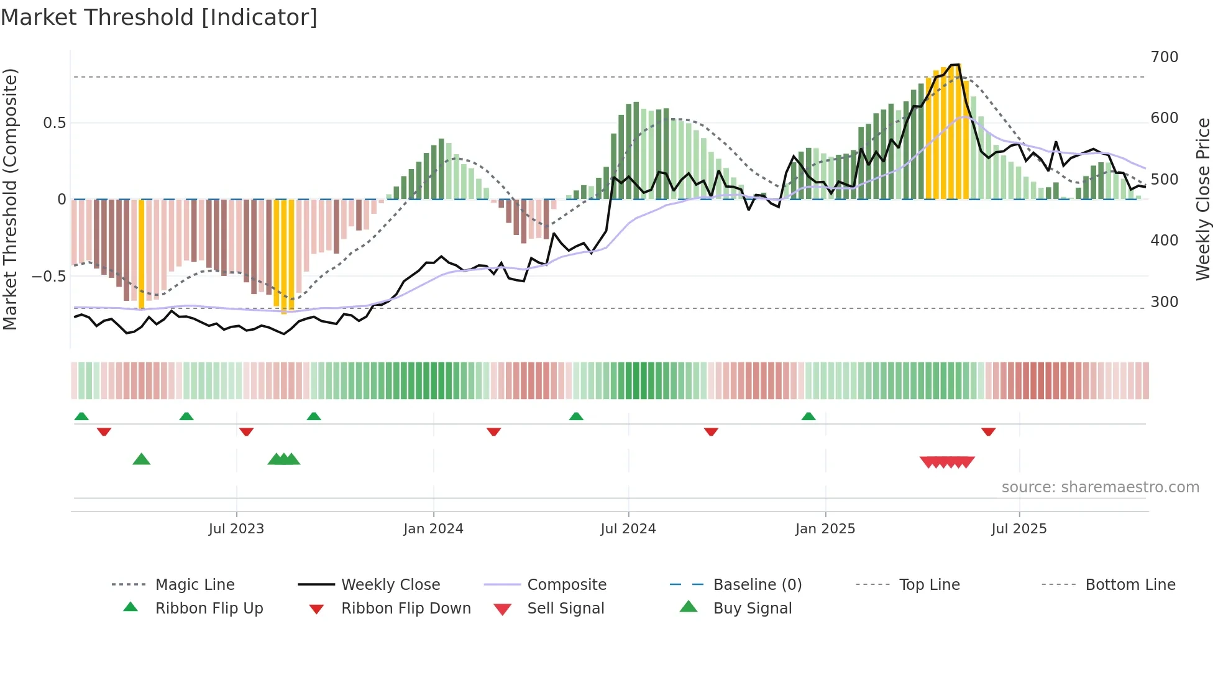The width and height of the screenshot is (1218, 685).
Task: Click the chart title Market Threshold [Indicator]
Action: [159, 17]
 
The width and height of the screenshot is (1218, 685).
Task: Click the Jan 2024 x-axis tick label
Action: [433, 529]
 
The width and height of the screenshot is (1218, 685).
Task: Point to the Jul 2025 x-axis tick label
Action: [1019, 529]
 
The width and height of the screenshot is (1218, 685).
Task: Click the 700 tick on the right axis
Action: [1164, 57]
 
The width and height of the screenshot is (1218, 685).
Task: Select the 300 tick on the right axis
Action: [1164, 302]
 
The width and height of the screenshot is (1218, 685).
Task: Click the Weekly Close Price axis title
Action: [1203, 199]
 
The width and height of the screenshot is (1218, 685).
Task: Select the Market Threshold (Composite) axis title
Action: [10, 199]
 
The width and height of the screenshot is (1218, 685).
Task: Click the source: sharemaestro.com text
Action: [1100, 487]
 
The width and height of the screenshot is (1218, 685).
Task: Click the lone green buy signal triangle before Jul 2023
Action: [142, 459]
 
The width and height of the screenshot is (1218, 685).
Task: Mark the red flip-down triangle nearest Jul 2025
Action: [988, 431]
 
